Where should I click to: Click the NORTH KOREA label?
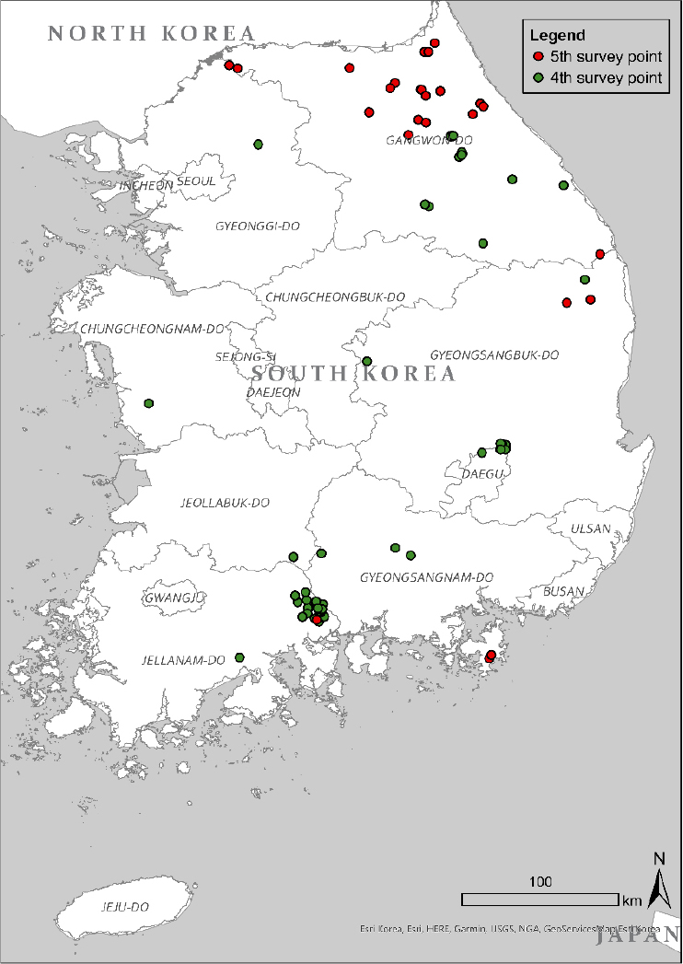[x=151, y=34]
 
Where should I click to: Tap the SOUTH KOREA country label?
[x=353, y=374]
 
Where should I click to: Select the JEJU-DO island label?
[x=124, y=907]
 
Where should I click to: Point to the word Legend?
[x=558, y=36]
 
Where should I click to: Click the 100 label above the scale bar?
[x=540, y=882]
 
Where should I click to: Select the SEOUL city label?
[x=196, y=181]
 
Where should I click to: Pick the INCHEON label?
[x=145, y=185]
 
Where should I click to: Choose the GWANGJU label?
[x=172, y=598]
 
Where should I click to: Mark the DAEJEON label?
[x=273, y=392]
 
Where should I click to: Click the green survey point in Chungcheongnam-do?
[x=148, y=403]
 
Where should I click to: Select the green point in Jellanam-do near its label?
[x=239, y=657]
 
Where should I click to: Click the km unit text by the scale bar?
[x=631, y=900]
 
